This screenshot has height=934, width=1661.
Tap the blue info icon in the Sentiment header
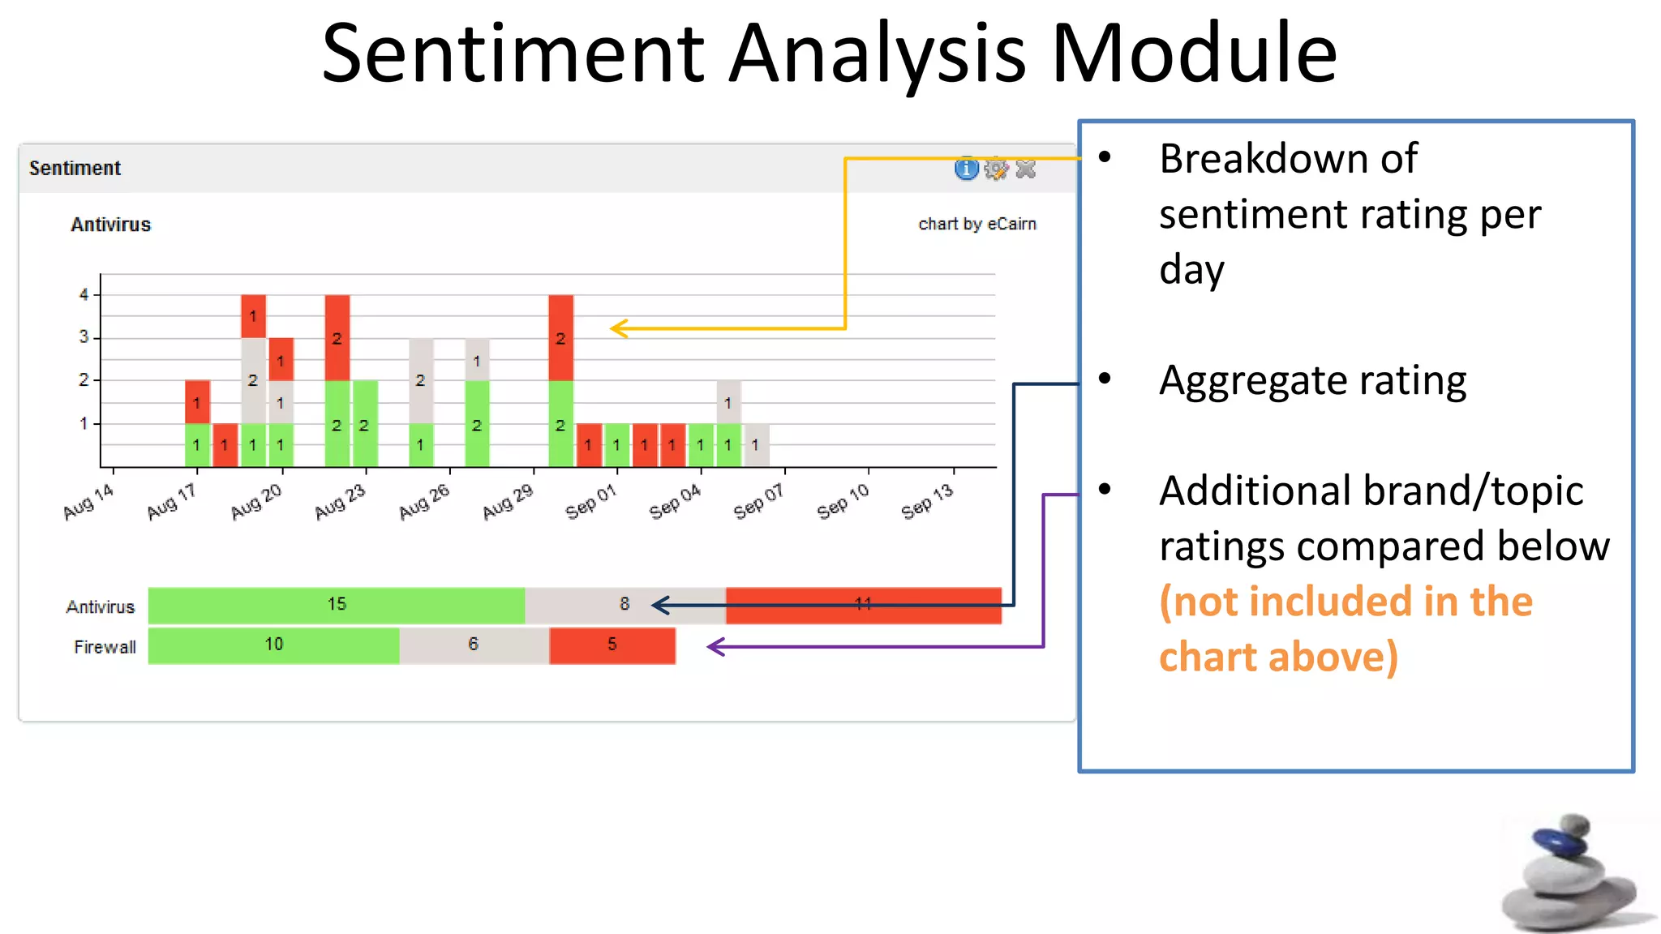966,169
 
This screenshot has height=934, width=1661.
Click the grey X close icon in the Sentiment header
1026,169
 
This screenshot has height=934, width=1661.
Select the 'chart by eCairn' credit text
976,224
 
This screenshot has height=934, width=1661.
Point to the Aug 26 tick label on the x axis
424,502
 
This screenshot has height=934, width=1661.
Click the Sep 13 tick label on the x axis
927,502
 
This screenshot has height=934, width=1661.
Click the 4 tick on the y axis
84,294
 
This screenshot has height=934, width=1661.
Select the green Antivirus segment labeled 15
336,605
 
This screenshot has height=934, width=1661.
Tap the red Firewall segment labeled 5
612,645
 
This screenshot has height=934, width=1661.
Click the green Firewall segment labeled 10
273,645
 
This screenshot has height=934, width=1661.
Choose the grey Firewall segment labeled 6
474,645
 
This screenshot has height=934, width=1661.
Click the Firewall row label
105,647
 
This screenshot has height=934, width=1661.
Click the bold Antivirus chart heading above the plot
110,225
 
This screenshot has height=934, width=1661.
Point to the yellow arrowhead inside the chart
619,328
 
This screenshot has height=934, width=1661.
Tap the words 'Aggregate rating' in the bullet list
1312,380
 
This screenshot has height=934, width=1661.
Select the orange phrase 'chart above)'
1278,657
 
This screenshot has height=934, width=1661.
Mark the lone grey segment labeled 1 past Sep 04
756,445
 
